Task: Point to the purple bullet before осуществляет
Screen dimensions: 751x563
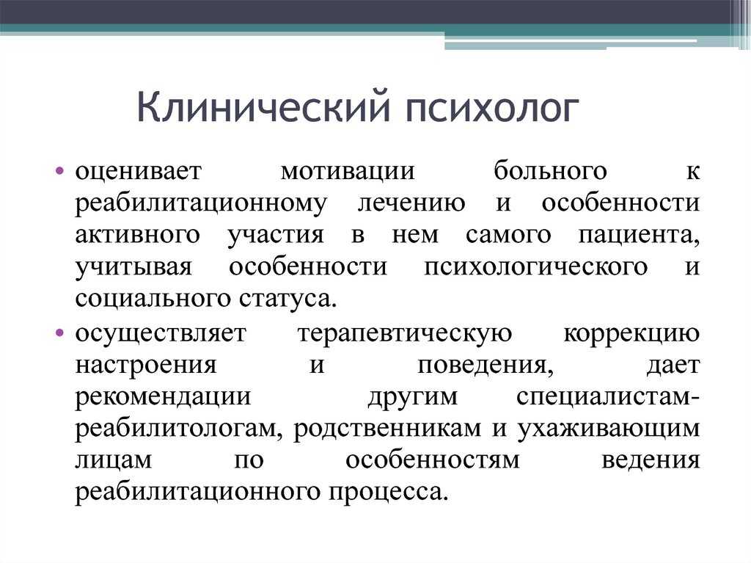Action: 59,333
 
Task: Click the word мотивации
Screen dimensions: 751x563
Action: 348,171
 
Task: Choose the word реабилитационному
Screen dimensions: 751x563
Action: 201,204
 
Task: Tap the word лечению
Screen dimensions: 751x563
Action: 411,203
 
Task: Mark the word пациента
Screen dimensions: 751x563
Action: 639,236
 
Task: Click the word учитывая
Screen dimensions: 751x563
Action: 133,267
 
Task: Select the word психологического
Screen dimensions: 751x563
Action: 535,267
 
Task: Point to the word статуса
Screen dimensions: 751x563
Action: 287,299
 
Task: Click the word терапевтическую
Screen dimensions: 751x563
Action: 405,334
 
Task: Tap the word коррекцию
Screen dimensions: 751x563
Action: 631,334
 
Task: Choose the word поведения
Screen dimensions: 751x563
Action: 486,366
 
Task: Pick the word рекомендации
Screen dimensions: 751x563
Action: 164,398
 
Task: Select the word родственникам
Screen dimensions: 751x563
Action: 387,429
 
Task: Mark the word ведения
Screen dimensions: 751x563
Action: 651,461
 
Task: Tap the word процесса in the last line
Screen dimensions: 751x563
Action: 388,493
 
